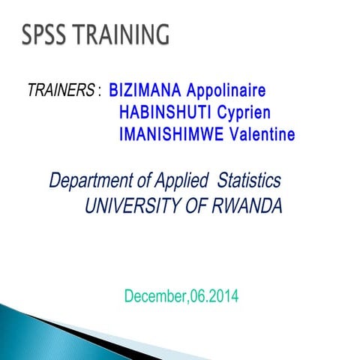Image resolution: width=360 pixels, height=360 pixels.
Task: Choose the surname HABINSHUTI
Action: pos(160,114)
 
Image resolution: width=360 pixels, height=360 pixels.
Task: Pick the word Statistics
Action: pos(249,181)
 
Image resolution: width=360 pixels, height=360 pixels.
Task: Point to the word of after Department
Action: pos(142,181)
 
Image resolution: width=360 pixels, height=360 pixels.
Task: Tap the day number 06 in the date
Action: pos(198,296)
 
